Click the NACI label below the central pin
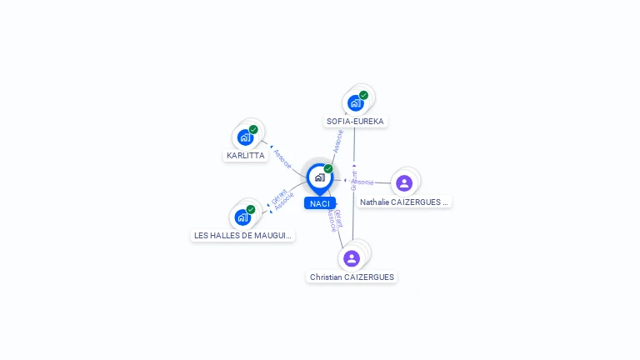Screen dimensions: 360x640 tap(319, 203)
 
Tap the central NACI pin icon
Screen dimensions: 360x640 tap(319, 177)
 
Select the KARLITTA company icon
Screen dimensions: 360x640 tap(245, 137)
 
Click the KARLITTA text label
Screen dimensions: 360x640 tap(246, 156)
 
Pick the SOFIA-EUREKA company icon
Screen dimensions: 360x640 tap(356, 103)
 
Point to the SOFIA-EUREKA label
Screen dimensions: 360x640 tap(356, 122)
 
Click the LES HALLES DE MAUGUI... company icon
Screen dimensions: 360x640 tap(242, 217)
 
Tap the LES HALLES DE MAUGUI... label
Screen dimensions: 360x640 tap(243, 236)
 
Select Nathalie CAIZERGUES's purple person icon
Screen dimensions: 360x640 tap(404, 183)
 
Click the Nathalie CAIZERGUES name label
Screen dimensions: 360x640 tap(404, 202)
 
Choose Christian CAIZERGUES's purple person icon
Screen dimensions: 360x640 tap(352, 258)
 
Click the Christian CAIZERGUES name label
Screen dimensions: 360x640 tap(352, 277)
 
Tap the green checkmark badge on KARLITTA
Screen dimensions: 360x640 tap(253, 129)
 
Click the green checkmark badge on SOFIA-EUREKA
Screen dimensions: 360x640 tap(364, 95)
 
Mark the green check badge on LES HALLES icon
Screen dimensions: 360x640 tap(251, 209)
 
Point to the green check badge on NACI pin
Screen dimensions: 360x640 tap(328, 168)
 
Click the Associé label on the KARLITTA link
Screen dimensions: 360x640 tap(282, 159)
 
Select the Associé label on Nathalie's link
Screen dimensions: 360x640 tap(362, 182)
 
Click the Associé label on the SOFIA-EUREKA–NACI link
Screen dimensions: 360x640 tap(338, 141)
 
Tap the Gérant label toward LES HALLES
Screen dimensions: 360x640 tap(278, 197)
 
